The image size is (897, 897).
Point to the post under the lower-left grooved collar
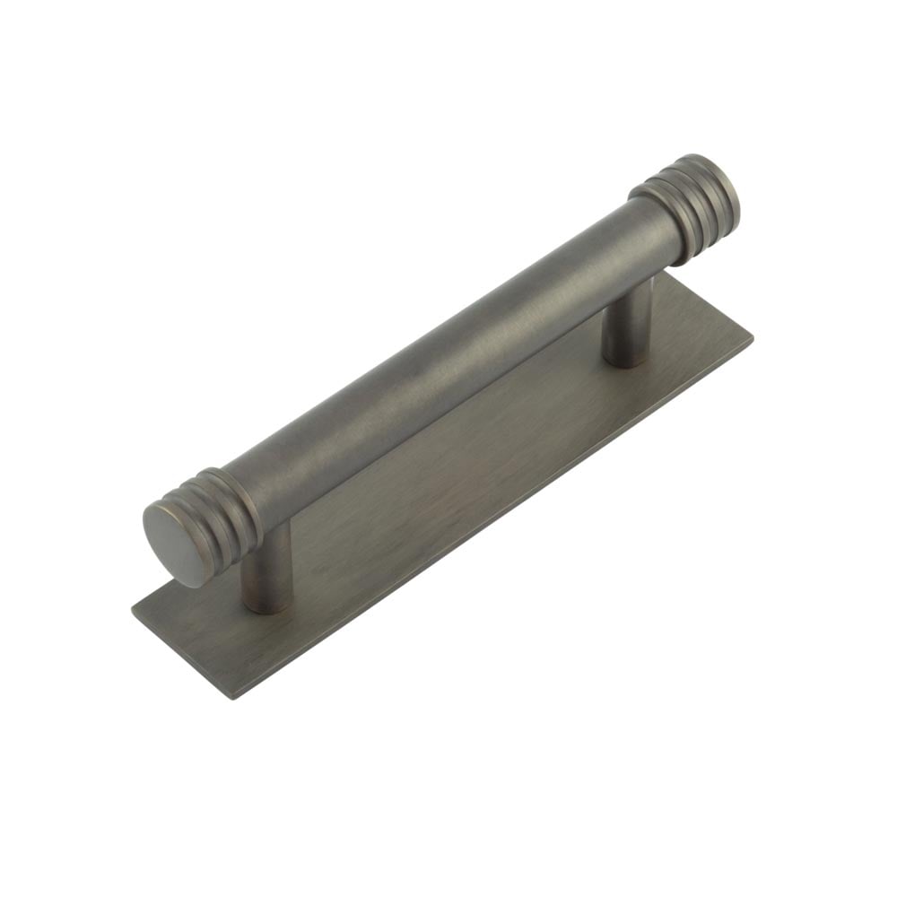pos(267,570)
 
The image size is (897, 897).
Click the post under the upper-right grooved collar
pos(628,325)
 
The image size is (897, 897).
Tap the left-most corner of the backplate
pos(133,611)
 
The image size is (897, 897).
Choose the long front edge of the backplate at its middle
pos(493,520)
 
